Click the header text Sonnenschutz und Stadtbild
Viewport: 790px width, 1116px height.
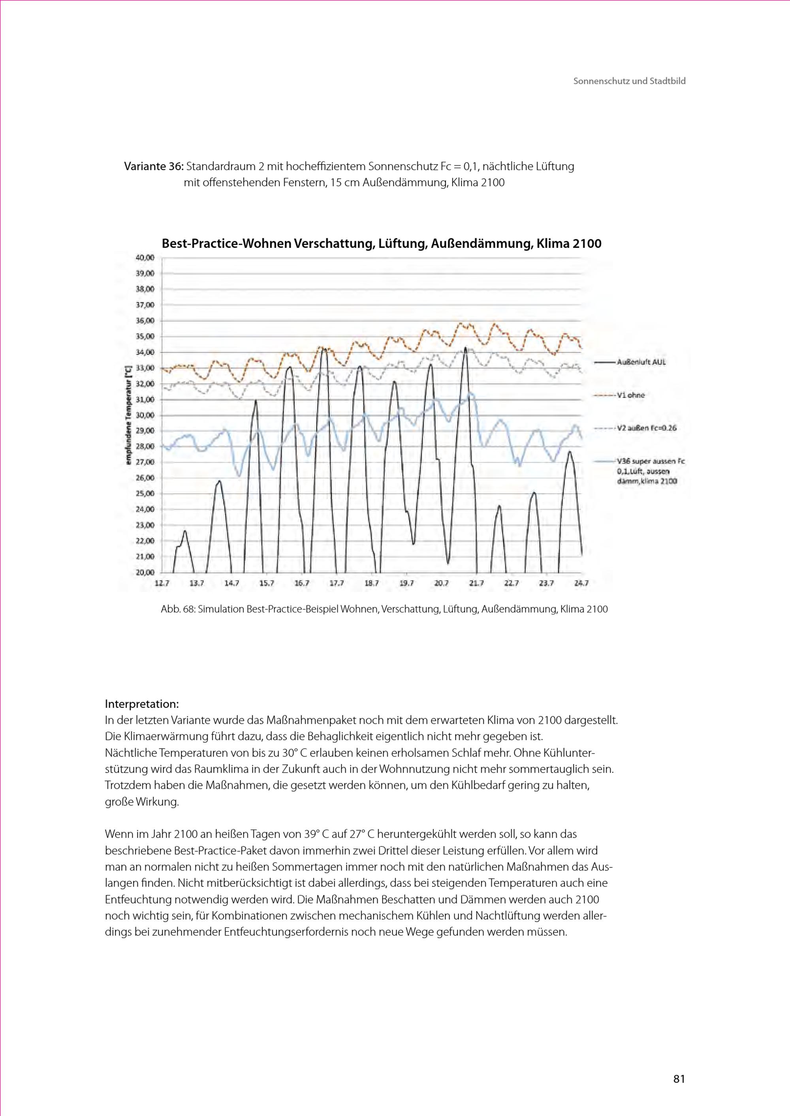point(629,81)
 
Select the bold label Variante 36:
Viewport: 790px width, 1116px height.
point(154,167)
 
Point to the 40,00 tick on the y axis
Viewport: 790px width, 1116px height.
point(145,258)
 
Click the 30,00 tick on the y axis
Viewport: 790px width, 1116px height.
point(145,415)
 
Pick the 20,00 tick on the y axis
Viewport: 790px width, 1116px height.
point(145,572)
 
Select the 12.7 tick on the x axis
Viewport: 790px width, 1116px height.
point(162,583)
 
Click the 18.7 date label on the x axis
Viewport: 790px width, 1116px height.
point(372,583)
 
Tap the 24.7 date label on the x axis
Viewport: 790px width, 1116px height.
point(581,583)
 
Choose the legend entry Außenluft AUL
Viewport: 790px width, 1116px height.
point(641,362)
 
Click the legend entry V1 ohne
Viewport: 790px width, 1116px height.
point(630,395)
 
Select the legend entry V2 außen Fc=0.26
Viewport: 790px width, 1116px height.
point(646,428)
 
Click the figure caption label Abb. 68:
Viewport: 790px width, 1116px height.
point(178,609)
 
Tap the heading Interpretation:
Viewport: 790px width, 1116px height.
point(141,704)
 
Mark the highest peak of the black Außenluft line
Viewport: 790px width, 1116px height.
point(466,348)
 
